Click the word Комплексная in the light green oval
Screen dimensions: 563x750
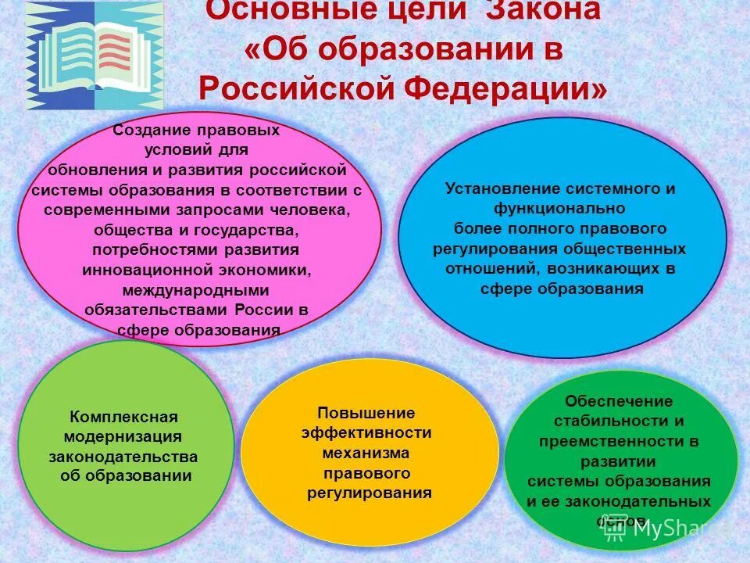(124, 416)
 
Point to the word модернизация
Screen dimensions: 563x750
(123, 436)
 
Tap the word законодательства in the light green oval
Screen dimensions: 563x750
(123, 457)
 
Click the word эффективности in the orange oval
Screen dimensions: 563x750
(366, 433)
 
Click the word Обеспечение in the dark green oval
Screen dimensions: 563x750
(619, 401)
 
